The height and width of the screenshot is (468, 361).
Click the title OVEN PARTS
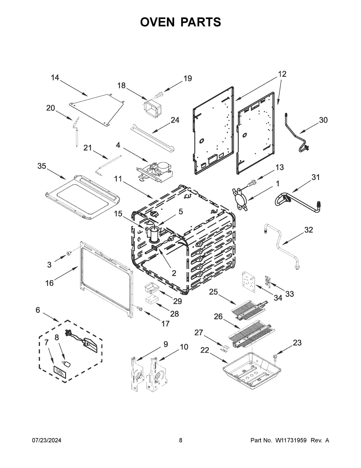(180, 22)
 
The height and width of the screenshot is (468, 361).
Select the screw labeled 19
(158, 94)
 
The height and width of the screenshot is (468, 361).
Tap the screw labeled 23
(275, 357)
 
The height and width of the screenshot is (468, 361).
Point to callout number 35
(42, 166)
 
